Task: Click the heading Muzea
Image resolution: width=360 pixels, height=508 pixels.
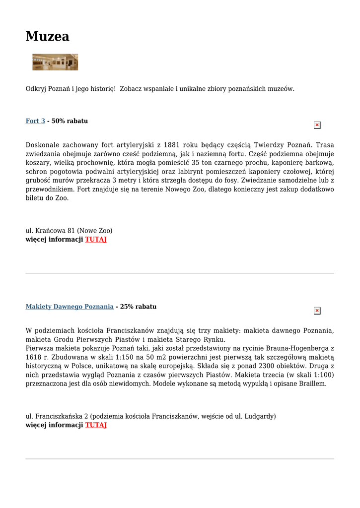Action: click(x=47, y=36)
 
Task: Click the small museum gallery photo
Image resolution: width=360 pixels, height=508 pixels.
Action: click(x=55, y=62)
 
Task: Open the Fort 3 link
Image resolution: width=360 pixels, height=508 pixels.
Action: click(x=35, y=121)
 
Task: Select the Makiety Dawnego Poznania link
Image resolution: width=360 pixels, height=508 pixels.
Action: click(x=70, y=307)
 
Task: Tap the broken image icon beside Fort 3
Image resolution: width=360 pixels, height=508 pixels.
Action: click(x=317, y=126)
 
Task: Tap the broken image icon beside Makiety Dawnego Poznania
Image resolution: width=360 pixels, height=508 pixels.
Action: click(x=317, y=311)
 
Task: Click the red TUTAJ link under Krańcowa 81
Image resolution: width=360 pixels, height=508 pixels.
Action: click(x=96, y=239)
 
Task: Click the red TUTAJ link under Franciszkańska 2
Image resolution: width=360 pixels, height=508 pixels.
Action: click(x=96, y=425)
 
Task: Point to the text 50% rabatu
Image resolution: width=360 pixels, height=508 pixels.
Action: click(x=70, y=121)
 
